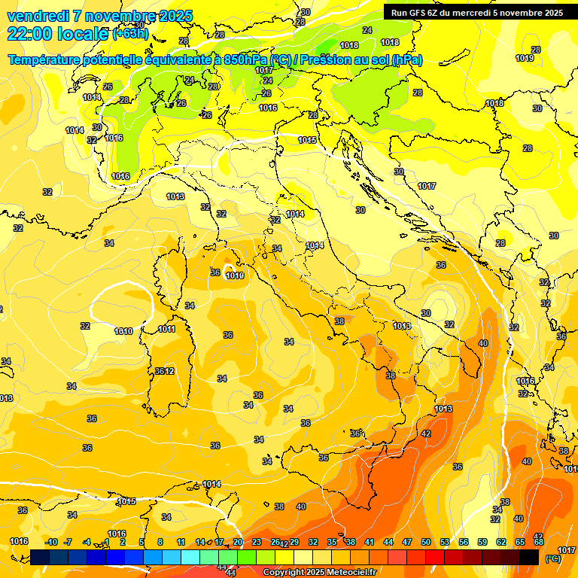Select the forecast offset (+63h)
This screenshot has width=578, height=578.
point(131,34)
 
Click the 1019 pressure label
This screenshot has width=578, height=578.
point(525,58)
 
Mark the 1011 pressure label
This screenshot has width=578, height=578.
point(167,329)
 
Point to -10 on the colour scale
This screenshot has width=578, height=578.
point(51,542)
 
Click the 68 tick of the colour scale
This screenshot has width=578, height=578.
point(539,542)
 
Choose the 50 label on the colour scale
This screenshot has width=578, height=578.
point(426,542)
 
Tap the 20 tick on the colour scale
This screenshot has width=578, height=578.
point(238,542)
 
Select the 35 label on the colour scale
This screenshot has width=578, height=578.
point(332,542)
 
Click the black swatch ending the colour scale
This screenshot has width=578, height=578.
point(529,557)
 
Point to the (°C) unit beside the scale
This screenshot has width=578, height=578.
point(552,558)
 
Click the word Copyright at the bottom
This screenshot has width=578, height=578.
point(284,572)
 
